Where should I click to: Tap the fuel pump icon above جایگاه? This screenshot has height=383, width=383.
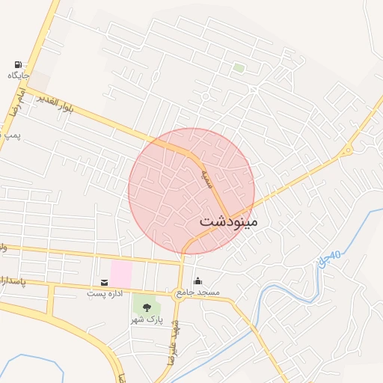[x=18, y=64]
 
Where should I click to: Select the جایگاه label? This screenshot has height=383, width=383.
[x=18, y=76]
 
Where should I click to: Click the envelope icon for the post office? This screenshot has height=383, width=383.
[x=103, y=282]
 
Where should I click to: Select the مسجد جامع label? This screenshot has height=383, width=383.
[x=197, y=292]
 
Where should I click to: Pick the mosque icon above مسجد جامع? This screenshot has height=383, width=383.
[x=197, y=281]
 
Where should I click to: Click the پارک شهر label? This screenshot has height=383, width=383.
[x=146, y=319]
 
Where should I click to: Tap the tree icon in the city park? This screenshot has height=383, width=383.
[x=146, y=307]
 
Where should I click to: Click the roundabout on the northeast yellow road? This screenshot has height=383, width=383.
[x=347, y=151]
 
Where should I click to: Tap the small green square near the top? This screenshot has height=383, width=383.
[x=239, y=68]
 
